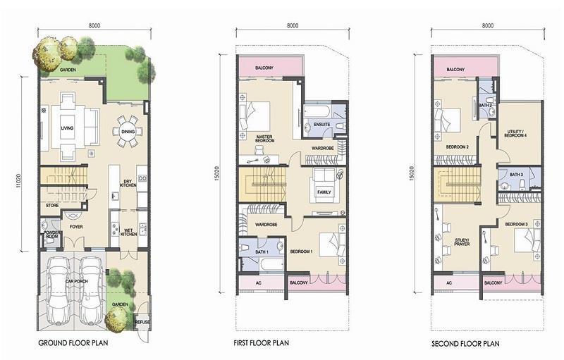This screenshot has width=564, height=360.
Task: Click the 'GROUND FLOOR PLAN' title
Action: pos(73,343)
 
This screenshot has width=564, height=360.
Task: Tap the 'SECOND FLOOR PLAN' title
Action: pos(465,344)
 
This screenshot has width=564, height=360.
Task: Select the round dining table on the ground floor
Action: pos(128,132)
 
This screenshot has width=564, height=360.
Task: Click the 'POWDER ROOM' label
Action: pos(52,235)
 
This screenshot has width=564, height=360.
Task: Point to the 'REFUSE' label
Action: pos(142,322)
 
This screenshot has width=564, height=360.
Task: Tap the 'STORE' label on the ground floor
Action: pos(52,206)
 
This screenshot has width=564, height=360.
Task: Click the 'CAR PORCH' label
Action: pos(77,281)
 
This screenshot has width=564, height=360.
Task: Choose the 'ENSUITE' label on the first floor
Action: pos(321,124)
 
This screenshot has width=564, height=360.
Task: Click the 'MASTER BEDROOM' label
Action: pos(264,139)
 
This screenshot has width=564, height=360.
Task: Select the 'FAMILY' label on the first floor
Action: pos(324,192)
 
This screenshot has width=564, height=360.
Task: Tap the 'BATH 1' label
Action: pos(262,252)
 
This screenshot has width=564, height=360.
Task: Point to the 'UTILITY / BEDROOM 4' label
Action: pos(515,133)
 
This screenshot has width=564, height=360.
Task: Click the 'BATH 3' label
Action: pos(516,175)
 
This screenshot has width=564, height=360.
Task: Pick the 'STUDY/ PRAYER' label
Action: pos(462,242)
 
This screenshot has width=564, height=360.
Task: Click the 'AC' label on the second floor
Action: pos(449,283)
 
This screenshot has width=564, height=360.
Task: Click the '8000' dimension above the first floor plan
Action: pos(293,25)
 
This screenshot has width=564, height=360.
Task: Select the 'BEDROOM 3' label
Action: pos(516,224)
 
